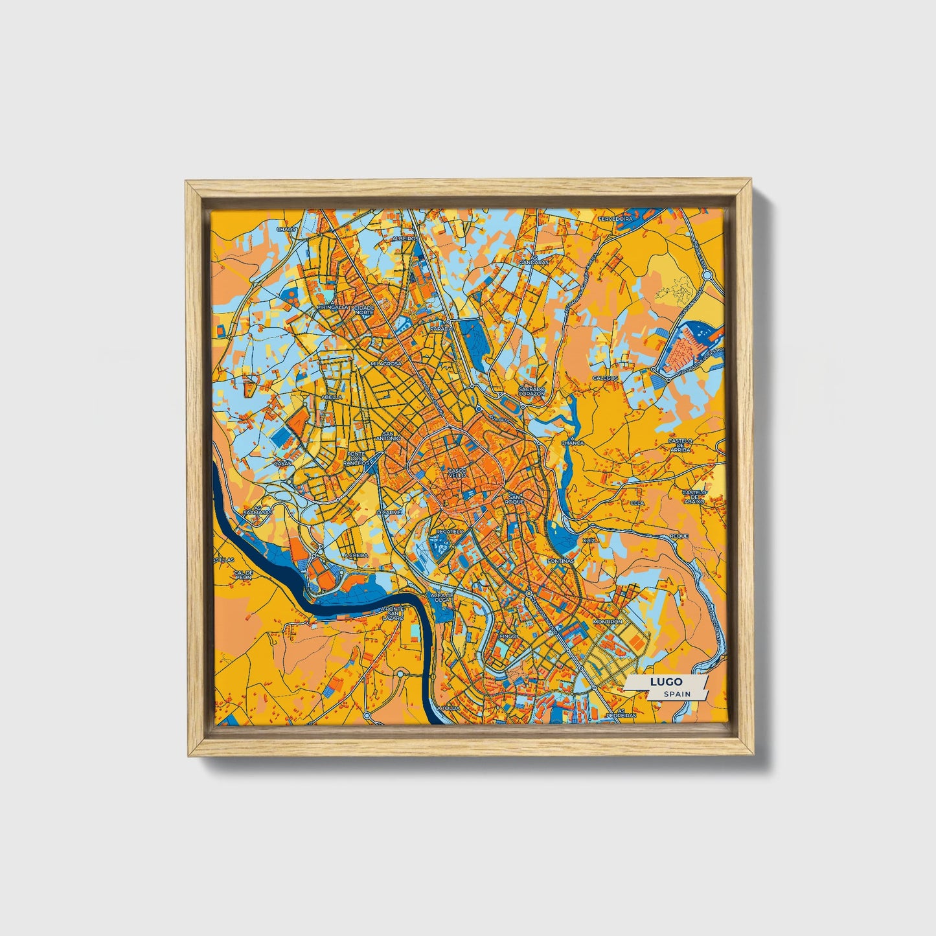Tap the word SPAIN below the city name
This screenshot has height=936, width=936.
point(676,694)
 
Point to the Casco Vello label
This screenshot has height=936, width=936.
point(457,473)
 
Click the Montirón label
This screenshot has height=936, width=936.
point(607,622)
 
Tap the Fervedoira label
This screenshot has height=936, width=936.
point(615,220)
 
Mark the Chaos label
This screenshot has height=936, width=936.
point(286,229)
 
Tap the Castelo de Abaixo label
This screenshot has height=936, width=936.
point(694,496)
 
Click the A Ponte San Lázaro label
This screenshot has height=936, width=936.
point(393,612)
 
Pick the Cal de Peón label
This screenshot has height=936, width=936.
point(243,575)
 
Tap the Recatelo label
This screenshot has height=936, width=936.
point(450,531)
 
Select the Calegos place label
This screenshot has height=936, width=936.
point(606,378)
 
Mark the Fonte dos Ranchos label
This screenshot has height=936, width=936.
point(358,458)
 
